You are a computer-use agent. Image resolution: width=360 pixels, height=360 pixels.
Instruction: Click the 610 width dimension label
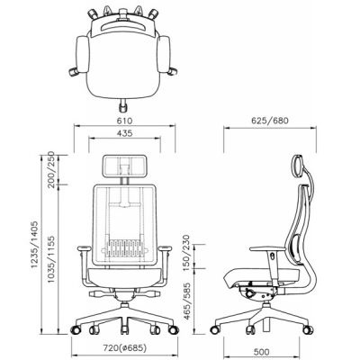[x=124, y=121]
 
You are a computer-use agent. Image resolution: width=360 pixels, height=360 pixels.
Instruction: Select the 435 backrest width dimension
[x=124, y=133]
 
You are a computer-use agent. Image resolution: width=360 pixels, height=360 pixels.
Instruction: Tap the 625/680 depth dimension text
[x=270, y=121]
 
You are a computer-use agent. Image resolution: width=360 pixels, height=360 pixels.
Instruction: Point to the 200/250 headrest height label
[x=52, y=169]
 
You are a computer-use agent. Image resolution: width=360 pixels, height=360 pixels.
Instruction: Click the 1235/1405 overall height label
[x=34, y=244]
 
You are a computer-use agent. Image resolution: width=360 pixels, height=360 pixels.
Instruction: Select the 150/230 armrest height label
[x=186, y=253]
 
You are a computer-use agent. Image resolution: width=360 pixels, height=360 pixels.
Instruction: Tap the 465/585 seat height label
[x=186, y=301]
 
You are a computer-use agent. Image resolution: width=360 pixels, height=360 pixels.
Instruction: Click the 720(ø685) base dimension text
[x=125, y=348]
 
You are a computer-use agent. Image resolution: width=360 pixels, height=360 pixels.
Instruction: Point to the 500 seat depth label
[x=261, y=352]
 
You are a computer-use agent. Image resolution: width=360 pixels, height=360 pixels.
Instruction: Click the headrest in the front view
[x=125, y=166]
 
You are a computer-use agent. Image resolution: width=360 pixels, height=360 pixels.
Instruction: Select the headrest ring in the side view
[x=298, y=166]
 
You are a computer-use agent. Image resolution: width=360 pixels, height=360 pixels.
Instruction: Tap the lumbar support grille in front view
[x=125, y=247]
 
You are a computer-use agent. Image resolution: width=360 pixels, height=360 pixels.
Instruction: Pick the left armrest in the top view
[x=83, y=54]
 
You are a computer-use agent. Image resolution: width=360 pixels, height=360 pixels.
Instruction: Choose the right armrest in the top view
[x=164, y=54]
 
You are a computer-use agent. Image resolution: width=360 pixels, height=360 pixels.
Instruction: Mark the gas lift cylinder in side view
[x=265, y=326]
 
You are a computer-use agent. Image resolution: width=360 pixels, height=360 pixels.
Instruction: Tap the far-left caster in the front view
[x=76, y=329]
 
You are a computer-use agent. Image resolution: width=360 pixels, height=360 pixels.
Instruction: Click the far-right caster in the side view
[x=308, y=329]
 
